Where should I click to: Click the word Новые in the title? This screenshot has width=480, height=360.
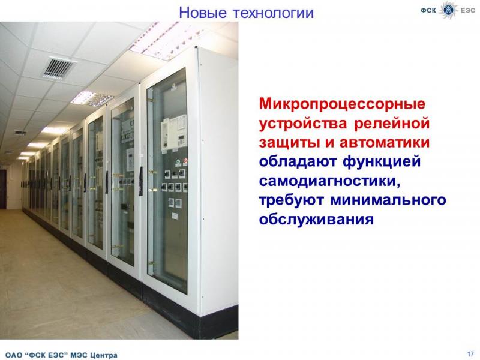click(x=203, y=13)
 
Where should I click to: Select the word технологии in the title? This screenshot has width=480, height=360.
click(x=274, y=13)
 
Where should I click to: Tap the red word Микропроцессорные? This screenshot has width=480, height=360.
click(x=342, y=104)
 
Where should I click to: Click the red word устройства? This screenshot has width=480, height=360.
click(x=303, y=124)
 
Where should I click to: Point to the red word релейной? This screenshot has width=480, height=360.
click(x=392, y=123)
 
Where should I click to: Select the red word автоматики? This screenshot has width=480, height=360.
click(x=385, y=143)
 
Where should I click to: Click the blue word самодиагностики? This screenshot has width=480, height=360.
click(x=329, y=181)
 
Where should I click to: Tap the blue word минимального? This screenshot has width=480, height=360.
click(x=388, y=200)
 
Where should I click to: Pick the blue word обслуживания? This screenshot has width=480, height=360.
click(x=316, y=220)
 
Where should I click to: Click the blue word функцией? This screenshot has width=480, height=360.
click(x=382, y=162)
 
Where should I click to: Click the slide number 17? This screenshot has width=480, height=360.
click(x=470, y=353)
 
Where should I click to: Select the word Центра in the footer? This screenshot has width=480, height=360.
click(x=103, y=355)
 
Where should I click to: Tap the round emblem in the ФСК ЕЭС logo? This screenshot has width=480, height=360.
click(x=448, y=10)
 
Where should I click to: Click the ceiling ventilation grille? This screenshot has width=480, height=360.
click(x=58, y=68)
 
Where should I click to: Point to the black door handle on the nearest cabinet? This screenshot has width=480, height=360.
click(x=141, y=181)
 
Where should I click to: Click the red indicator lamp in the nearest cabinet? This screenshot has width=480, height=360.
click(x=185, y=161)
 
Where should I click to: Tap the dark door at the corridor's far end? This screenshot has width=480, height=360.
click(x=3, y=189)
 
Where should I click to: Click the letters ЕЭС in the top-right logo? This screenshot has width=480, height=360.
click(x=468, y=10)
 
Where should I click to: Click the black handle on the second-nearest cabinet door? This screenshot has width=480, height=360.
click(x=107, y=182)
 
